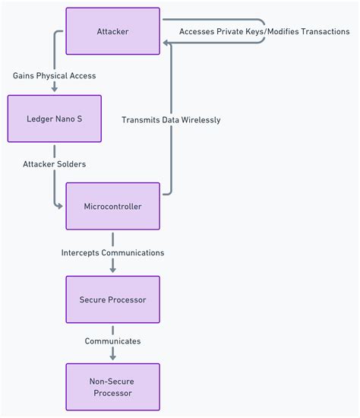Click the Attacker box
coord(112,31)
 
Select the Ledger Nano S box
coord(54,119)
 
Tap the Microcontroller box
coord(112,206)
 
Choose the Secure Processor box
coord(112,299)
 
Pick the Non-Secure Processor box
coord(112,387)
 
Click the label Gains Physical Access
coord(54,76)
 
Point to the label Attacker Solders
coord(54,164)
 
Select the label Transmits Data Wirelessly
coord(171,119)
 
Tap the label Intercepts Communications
coord(112,252)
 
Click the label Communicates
coord(112,341)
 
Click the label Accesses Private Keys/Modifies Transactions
coord(264,32)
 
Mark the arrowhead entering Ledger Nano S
coord(54,89)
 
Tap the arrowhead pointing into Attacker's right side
coord(166,43)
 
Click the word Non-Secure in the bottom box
coord(112,381)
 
